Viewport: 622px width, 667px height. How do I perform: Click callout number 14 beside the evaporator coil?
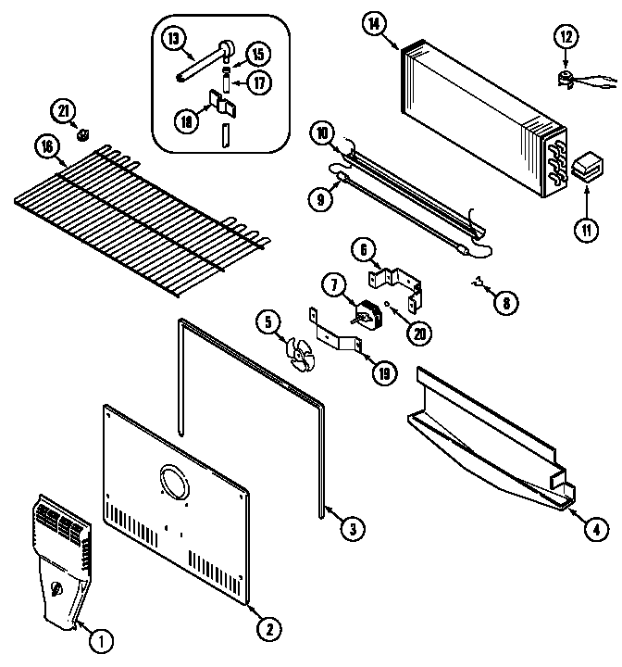pos(375,26)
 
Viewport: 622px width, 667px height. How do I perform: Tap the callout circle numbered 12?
pos(566,38)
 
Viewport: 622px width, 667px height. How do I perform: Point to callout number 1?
pos(101,639)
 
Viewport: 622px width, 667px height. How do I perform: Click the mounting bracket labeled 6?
pos(398,279)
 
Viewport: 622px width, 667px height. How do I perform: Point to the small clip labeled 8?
pos(479,281)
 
